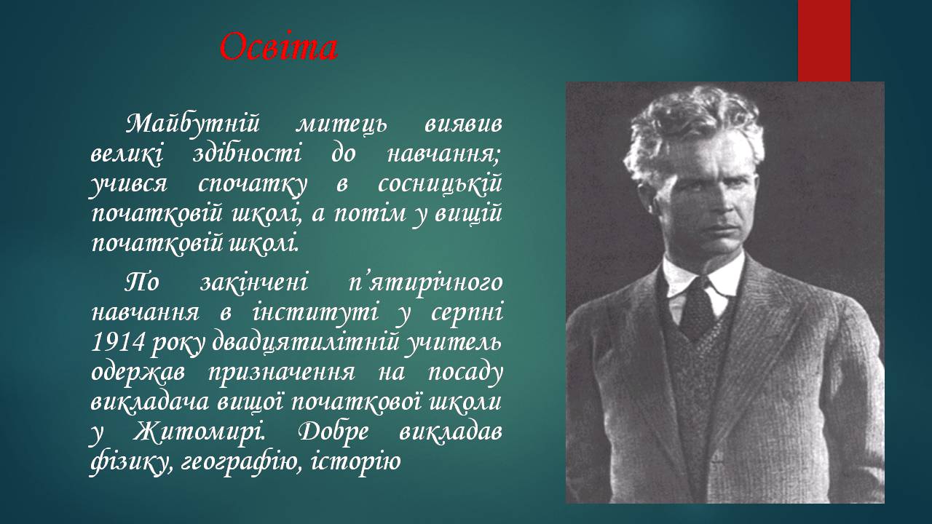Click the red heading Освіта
pyautogui.click(x=278, y=47)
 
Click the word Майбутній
pyautogui.click(x=193, y=124)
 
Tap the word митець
pyautogui.click(x=341, y=124)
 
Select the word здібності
pyautogui.click(x=247, y=154)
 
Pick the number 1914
pyautogui.click(x=118, y=342)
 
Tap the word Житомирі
pyautogui.click(x=200, y=432)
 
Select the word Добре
pyautogui.click(x=333, y=432)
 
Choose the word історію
pyautogui.click(x=355, y=461)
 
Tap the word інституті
pyautogui.click(x=316, y=313)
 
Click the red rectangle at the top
pyautogui.click(x=824, y=41)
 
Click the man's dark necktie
pyautogui.click(x=698, y=309)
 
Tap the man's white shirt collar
pyautogui.click(x=703, y=274)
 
